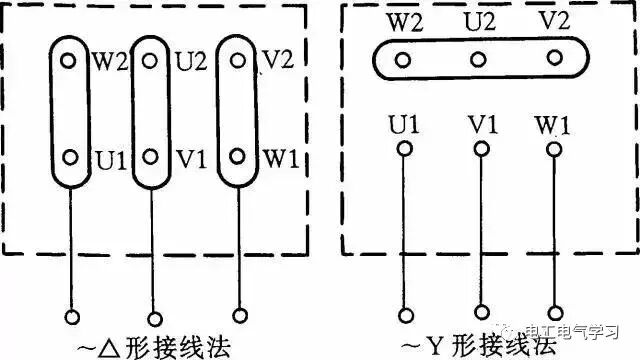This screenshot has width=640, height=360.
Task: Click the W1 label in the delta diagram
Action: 279,158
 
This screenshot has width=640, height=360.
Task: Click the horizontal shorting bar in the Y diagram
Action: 479,61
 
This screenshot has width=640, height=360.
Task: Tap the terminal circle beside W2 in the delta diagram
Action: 69,60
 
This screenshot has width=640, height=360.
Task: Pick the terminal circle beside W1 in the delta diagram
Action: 238,156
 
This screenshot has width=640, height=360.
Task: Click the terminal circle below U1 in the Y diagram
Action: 405,150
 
